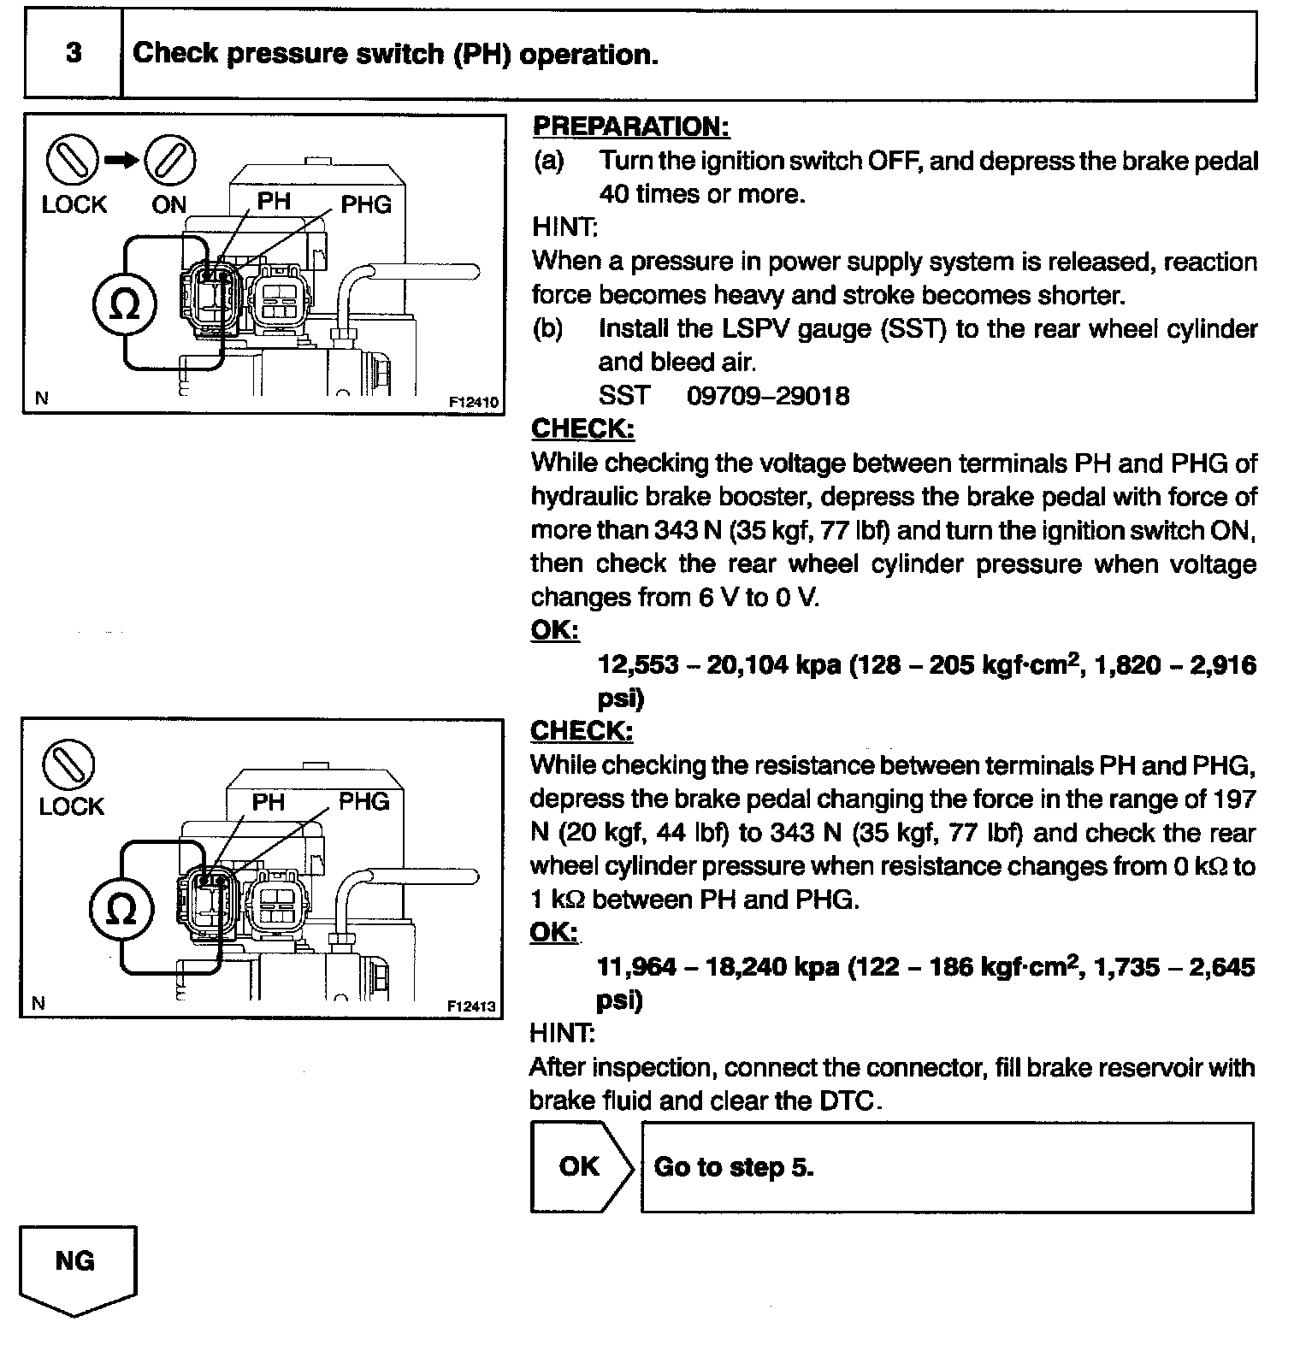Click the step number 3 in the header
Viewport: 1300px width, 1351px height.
coord(74,53)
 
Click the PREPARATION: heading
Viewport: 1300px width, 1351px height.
coord(631,127)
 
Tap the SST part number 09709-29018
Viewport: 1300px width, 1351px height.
coord(768,396)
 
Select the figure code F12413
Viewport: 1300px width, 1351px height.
coord(471,1006)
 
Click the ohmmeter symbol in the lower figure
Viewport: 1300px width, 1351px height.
coord(122,909)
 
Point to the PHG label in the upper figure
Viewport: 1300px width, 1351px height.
coord(366,204)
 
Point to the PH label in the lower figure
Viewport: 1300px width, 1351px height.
coord(268,802)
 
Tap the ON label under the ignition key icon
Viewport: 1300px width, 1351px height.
coord(168,205)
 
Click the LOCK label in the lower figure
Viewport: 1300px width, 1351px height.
coord(71,806)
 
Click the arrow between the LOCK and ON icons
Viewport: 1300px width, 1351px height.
coord(121,160)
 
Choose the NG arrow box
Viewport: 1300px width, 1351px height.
coord(76,1270)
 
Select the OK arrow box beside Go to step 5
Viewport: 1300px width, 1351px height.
coord(581,1166)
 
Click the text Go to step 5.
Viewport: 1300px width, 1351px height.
coord(733,1167)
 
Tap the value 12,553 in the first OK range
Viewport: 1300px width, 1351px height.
coord(637,664)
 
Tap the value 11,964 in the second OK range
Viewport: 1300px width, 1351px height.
coord(637,967)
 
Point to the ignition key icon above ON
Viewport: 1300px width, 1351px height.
coord(169,160)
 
